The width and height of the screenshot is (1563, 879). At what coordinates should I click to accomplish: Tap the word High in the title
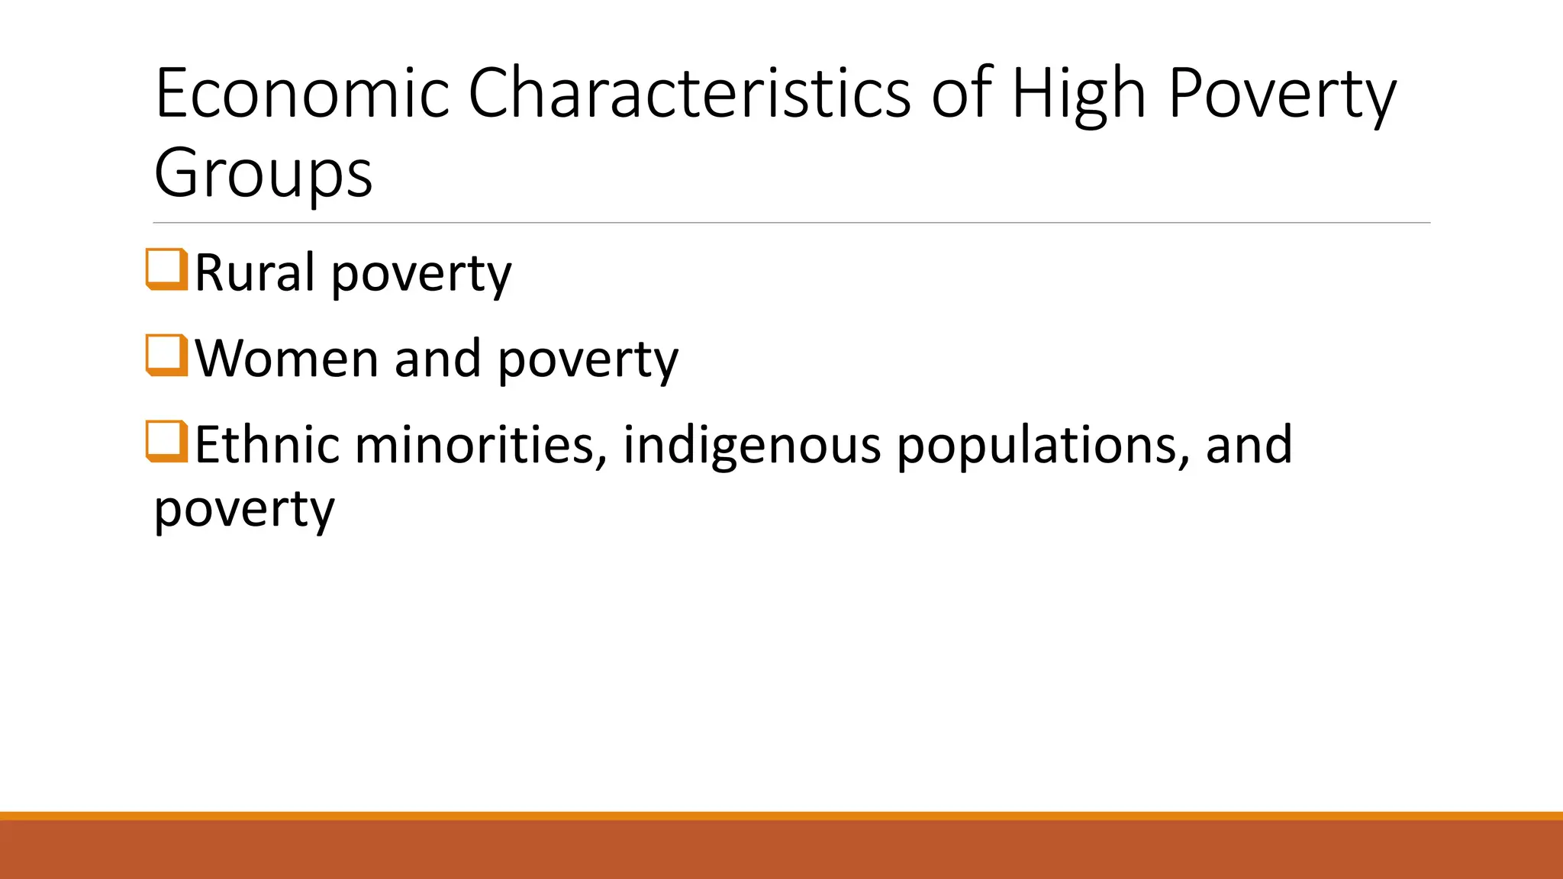tap(1079, 95)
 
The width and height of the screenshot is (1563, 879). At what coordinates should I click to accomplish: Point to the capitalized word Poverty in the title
tap(1282, 95)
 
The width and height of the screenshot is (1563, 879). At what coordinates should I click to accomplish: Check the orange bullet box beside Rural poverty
tap(166, 269)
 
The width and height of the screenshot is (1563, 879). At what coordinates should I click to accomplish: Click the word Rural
tap(255, 272)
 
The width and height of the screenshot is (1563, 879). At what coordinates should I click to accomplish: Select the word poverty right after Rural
tap(421, 275)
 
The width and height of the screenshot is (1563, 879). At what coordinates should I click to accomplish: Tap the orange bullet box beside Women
tap(166, 356)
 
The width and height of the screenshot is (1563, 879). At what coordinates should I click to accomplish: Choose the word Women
tap(287, 359)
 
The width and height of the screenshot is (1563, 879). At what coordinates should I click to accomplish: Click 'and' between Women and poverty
tap(437, 359)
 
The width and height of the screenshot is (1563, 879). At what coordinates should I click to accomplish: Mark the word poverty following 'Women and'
tap(588, 361)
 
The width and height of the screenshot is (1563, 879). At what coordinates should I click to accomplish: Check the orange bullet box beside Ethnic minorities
tap(166, 442)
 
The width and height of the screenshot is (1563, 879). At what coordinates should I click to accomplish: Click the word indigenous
tap(752, 446)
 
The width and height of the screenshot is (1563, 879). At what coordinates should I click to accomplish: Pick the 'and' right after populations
tap(1249, 444)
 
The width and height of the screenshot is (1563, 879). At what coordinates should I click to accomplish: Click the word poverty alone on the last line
tap(244, 510)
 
